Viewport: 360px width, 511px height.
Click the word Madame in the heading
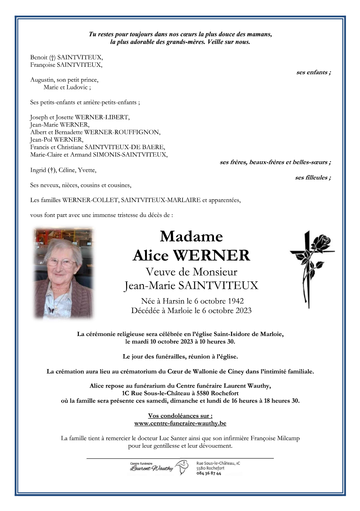[x=191, y=237]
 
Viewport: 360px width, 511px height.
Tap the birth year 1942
[x=235, y=301]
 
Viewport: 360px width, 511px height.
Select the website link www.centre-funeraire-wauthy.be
[x=180, y=423]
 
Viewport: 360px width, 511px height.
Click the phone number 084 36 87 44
[x=209, y=474]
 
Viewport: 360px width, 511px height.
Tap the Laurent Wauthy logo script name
[x=152, y=468]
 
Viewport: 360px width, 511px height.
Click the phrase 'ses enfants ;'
[x=313, y=72]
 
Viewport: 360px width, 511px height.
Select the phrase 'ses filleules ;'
[x=313, y=178]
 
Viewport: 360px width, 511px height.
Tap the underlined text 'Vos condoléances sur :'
[x=180, y=416]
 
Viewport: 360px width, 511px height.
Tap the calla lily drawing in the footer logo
[x=182, y=467]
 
